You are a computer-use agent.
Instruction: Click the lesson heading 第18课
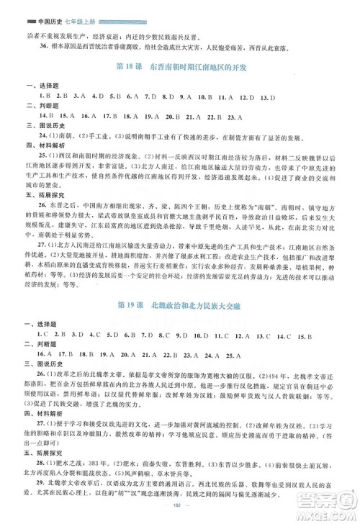click(x=127, y=71)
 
